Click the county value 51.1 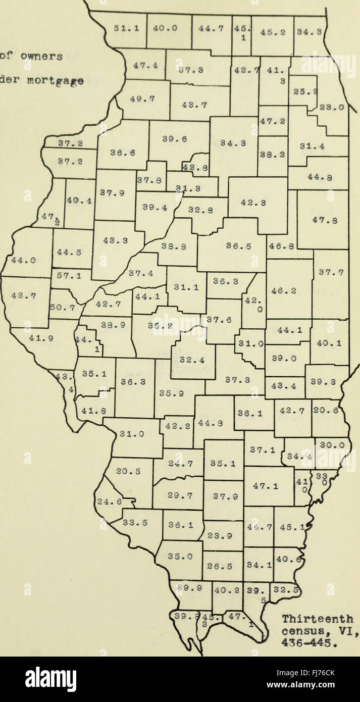point(123,29)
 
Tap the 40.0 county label point(166,29)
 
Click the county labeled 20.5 point(124,471)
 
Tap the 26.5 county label point(223,566)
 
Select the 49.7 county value point(144,99)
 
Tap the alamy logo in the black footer point(51,679)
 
